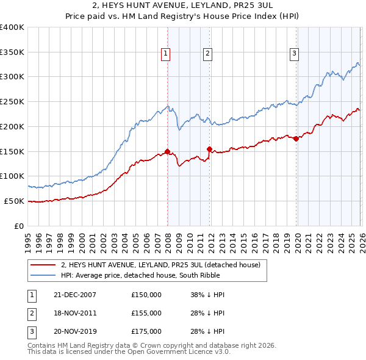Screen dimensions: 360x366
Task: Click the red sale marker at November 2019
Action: tap(296, 139)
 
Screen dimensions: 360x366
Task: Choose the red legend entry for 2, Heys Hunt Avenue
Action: tap(160, 265)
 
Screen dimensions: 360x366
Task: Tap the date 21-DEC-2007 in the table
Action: tap(74, 295)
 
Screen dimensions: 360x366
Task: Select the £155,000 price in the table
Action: tap(146, 313)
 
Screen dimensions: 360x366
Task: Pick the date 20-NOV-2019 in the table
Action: tap(74, 331)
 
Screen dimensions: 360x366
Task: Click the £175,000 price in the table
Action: tap(146, 331)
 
